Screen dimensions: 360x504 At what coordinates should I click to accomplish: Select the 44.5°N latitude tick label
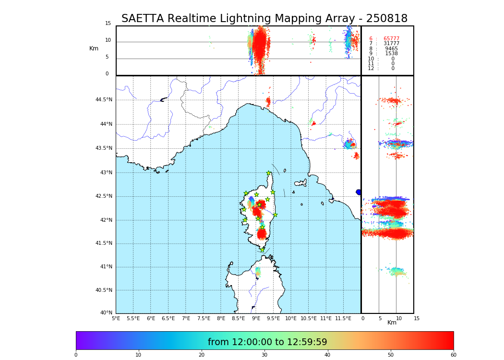(104, 100)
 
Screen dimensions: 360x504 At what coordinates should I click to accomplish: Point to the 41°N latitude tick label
(106, 267)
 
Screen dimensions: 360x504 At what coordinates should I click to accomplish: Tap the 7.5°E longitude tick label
(204, 319)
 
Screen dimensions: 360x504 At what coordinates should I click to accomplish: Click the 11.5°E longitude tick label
(343, 319)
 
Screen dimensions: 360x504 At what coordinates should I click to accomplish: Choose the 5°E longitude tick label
(116, 319)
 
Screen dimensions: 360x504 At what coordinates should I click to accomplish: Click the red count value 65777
(391, 39)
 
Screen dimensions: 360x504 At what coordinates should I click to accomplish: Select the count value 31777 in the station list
(391, 44)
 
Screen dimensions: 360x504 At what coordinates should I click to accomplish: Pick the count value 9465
(391, 49)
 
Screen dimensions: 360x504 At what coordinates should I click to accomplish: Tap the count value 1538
(391, 54)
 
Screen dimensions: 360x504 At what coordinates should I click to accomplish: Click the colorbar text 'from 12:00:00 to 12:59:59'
(267, 342)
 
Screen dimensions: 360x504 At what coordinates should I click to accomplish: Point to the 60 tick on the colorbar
(453, 355)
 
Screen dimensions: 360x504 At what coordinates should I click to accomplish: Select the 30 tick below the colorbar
(264, 355)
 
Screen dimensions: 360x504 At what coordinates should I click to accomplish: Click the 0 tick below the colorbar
(76, 355)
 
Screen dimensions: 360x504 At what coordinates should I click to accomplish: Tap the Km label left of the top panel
(94, 48)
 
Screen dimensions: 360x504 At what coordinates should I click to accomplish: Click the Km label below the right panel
(392, 323)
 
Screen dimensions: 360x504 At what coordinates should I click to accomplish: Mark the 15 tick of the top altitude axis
(108, 24)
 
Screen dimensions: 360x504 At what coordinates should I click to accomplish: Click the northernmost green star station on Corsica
(269, 173)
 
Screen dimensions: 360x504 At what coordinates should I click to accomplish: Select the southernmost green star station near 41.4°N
(263, 250)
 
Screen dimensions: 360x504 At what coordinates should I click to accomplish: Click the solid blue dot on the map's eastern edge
(358, 192)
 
